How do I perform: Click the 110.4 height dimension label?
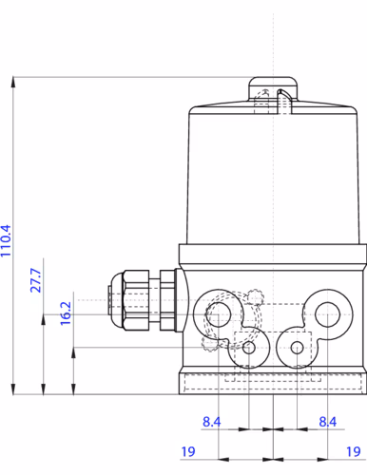(x=7, y=242)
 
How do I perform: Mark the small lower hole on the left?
(x=249, y=349)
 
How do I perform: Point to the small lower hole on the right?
(x=298, y=349)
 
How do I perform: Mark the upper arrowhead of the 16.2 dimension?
(x=73, y=349)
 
